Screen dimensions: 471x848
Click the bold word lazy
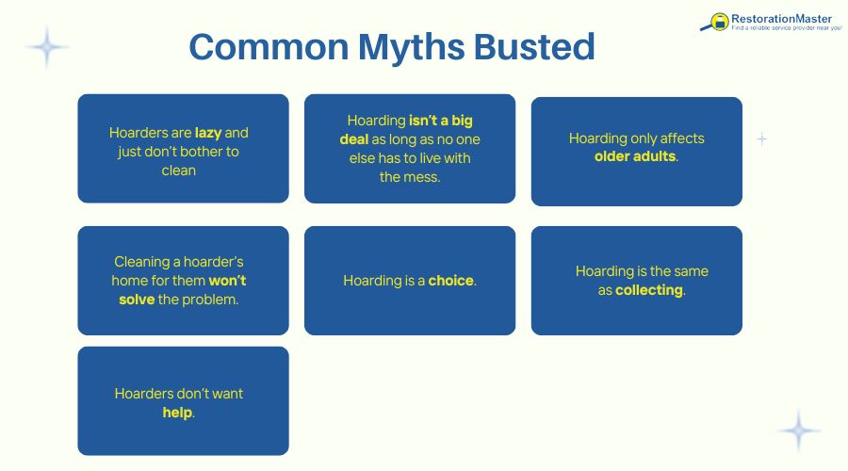208,133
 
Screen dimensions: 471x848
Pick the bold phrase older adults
635,156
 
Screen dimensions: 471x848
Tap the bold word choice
451,281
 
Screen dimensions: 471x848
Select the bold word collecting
648,290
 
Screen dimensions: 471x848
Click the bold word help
177,412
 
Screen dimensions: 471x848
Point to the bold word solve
137,299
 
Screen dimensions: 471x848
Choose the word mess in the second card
420,176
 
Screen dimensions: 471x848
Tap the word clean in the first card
179,171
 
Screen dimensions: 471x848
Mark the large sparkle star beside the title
45,46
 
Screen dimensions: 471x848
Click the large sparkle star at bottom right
800,430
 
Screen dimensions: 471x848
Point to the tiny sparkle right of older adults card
761,139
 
